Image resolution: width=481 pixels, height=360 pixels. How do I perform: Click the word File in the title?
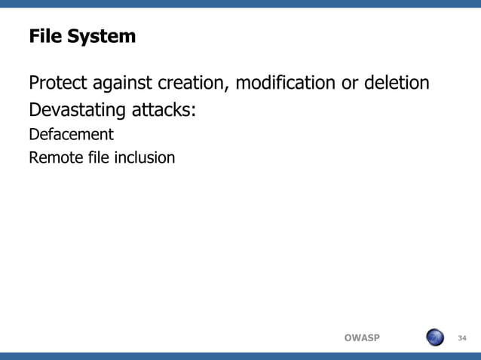43,35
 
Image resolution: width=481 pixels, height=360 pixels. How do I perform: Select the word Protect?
58,82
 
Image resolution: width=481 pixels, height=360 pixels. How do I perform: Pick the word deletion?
396,82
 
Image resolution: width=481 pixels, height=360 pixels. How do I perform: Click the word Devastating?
78,111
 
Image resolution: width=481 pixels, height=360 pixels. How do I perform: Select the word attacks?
162,111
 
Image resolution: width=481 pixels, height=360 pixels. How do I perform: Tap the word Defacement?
71,135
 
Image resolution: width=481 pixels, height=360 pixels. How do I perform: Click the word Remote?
55,158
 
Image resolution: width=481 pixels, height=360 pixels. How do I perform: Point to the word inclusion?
144,158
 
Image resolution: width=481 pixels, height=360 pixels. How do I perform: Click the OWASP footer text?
362,337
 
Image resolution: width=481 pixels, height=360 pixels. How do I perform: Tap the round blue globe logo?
435,337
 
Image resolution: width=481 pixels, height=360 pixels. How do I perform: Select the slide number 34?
462,337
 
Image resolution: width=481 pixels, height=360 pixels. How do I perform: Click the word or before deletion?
350,83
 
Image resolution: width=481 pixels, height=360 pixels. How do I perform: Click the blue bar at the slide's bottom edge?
240,355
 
